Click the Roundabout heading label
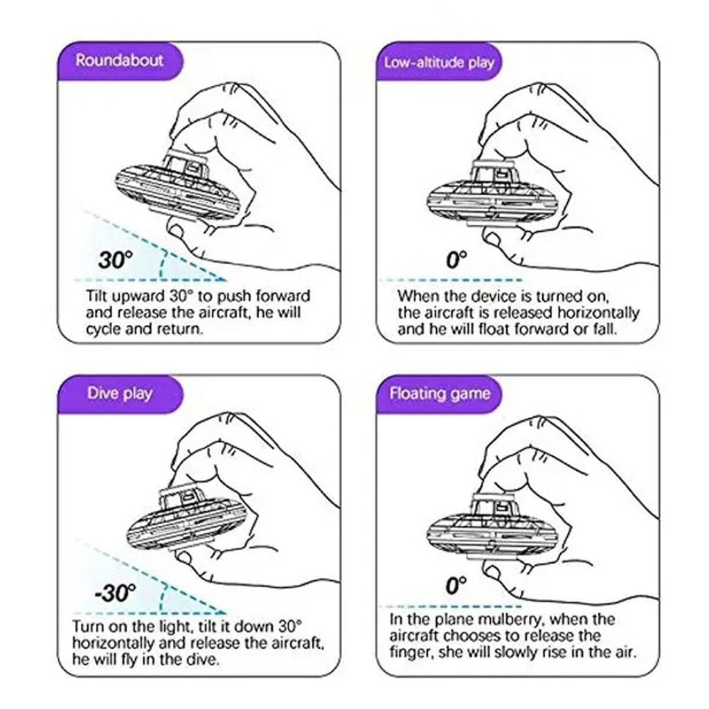point(119,61)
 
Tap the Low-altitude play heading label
point(438,62)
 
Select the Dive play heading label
point(119,393)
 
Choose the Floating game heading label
point(440,393)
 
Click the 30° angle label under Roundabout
point(116,260)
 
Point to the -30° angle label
point(115,593)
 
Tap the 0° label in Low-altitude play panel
point(456,260)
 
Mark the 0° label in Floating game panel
point(456,585)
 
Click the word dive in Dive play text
point(203,659)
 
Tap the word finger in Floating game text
point(411,652)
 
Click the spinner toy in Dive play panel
point(187,517)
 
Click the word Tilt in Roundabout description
point(98,296)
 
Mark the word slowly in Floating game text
point(521,652)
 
